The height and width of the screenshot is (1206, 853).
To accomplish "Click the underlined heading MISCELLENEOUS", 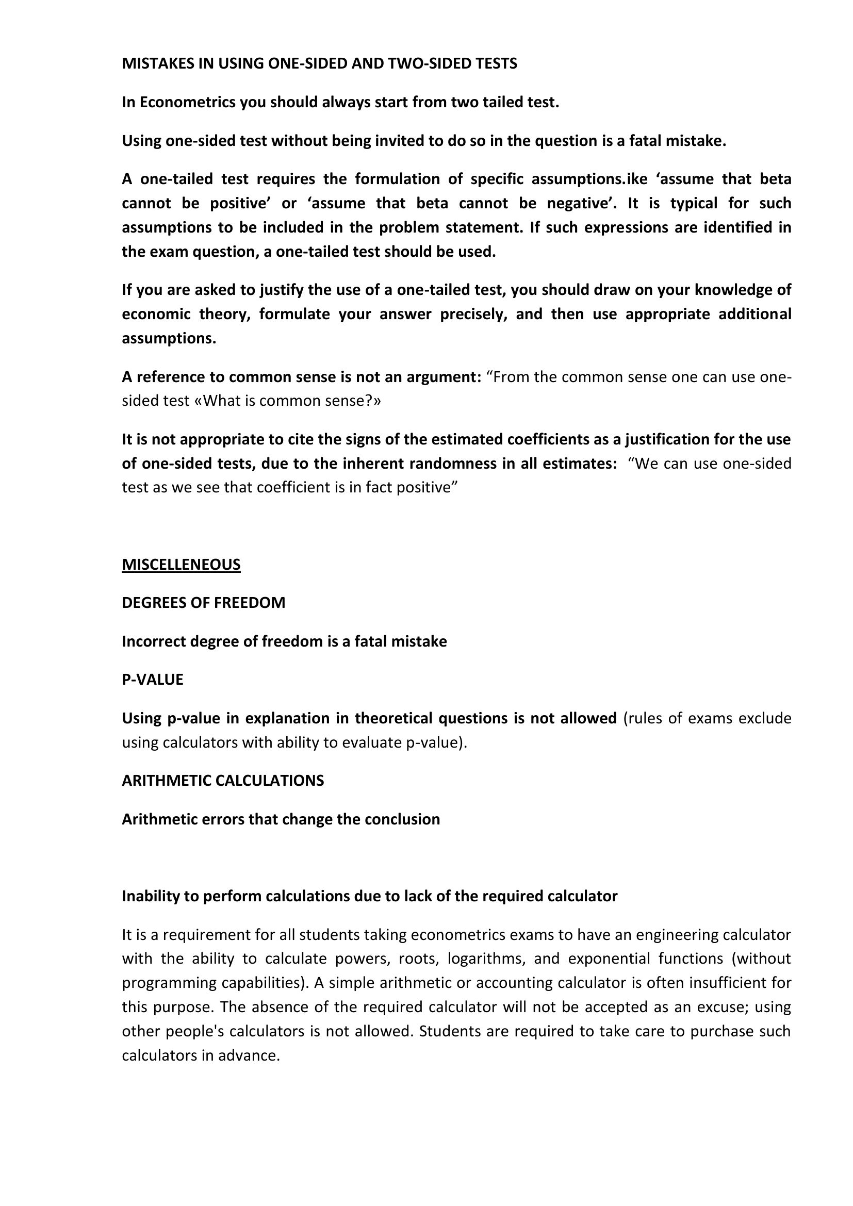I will [x=181, y=564].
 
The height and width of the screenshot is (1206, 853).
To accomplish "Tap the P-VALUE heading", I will [x=152, y=679].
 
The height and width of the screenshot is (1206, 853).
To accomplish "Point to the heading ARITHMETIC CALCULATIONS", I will [x=223, y=780].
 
